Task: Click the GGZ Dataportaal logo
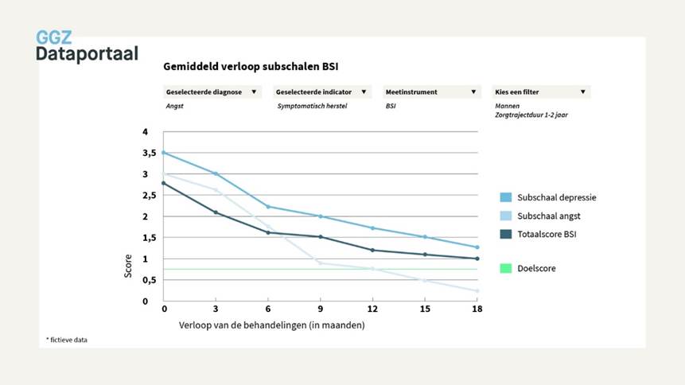pyautogui.click(x=87, y=45)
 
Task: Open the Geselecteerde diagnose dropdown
pyautogui.click(x=211, y=92)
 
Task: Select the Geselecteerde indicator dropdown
pyautogui.click(x=321, y=92)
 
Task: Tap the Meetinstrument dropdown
pyautogui.click(x=430, y=92)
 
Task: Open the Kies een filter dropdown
pyautogui.click(x=540, y=92)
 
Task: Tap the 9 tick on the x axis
pyautogui.click(x=321, y=309)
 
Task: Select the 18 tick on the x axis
pyautogui.click(x=477, y=309)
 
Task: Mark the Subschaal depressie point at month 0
pyautogui.click(x=164, y=153)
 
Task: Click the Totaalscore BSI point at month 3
pyautogui.click(x=216, y=212)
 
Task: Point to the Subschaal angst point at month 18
pyautogui.click(x=477, y=291)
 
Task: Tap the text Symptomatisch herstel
pyautogui.click(x=309, y=105)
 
